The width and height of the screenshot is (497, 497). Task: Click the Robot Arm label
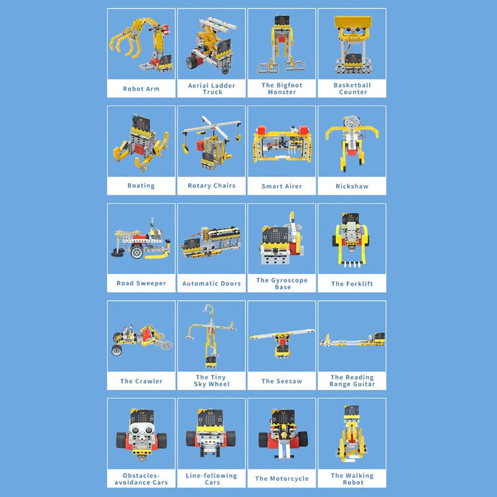[141, 89]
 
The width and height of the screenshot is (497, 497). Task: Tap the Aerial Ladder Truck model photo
[211, 45]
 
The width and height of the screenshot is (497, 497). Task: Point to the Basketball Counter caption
[352, 88]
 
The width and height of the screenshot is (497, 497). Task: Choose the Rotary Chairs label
[211, 186]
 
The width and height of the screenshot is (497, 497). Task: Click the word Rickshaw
[352, 186]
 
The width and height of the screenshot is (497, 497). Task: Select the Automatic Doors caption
[211, 283]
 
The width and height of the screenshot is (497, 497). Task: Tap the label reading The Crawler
[141, 381]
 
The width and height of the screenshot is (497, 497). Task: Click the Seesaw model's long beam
[281, 334]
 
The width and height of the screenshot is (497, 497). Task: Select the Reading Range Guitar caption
[352, 381]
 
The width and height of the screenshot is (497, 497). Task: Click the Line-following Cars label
[211, 478]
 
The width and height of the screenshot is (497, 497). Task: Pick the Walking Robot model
[352, 434]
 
